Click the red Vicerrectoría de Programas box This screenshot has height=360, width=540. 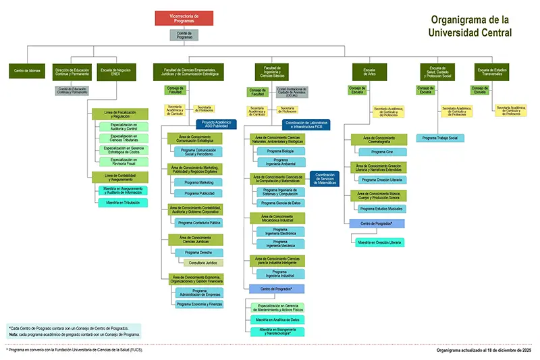184,18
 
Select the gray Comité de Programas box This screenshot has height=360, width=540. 184,35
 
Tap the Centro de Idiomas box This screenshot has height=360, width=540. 26,70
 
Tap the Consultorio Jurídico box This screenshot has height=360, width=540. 202,262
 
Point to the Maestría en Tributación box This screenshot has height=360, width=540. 122,202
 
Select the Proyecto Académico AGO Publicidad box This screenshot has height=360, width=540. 216,124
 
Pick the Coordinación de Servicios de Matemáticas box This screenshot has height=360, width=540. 327,178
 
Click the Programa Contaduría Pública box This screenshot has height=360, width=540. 198,222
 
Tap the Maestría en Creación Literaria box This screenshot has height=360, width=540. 379,242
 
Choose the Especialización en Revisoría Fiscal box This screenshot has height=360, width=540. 122,161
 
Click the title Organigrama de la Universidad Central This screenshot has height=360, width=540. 470,26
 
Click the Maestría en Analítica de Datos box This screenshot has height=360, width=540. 277,319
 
